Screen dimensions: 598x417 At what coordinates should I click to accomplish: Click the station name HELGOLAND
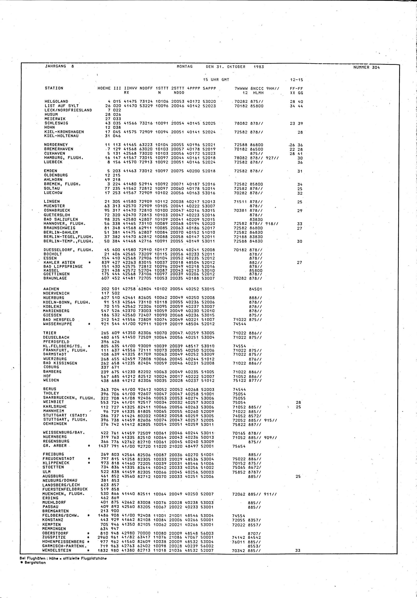click(x=56, y=102)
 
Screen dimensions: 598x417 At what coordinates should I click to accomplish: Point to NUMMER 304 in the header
click(x=367, y=67)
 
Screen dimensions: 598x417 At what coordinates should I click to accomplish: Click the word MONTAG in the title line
click(x=185, y=67)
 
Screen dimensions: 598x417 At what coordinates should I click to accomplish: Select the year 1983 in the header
click(x=259, y=67)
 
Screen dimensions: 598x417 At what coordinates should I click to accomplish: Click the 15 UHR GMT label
click(x=216, y=80)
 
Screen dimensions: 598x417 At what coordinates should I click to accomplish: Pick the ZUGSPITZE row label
click(x=54, y=537)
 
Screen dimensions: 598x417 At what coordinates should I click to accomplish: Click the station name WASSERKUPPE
click(x=57, y=324)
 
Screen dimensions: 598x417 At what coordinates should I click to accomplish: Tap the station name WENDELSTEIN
click(x=57, y=550)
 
